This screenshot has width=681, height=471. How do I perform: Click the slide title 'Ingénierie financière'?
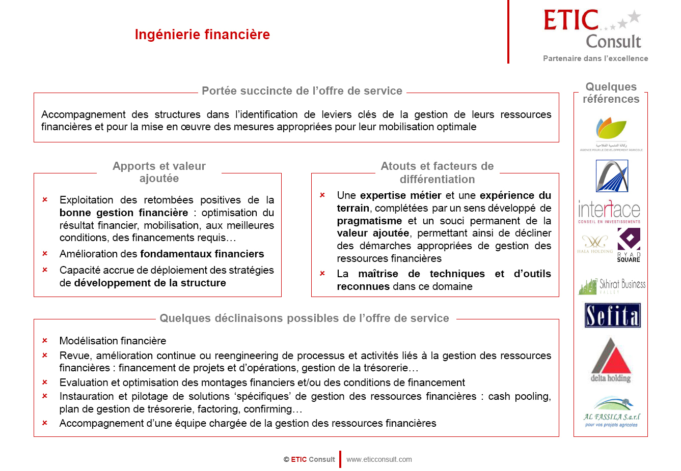click(x=202, y=35)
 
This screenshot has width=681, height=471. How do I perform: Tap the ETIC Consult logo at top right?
click(x=592, y=30)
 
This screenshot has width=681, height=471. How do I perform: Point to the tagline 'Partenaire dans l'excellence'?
click(x=595, y=58)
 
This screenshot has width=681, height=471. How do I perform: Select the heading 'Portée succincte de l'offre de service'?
click(x=302, y=91)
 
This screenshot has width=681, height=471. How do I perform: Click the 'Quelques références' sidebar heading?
click(x=611, y=93)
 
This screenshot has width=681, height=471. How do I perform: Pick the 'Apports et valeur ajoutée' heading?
click(x=159, y=172)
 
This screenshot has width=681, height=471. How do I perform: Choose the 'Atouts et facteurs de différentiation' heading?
click(x=437, y=172)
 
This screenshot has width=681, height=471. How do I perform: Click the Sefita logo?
click(x=612, y=316)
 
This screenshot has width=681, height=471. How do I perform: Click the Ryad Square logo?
click(x=629, y=245)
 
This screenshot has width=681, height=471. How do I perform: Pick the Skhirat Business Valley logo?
click(x=612, y=286)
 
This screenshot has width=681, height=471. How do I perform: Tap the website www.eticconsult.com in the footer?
click(x=379, y=459)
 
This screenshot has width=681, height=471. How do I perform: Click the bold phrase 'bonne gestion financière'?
click(x=124, y=213)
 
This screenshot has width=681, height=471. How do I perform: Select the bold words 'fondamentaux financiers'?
click(x=202, y=254)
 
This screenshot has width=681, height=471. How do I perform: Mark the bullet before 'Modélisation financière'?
click(x=45, y=341)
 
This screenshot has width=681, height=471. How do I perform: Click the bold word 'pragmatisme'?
click(x=369, y=221)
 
